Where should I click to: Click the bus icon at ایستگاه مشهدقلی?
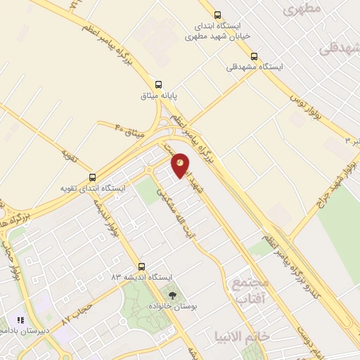(254, 56)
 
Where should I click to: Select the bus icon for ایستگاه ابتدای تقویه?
(93, 177)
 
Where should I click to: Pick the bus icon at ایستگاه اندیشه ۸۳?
(142, 266)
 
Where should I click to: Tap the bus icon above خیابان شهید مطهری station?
(217, 15)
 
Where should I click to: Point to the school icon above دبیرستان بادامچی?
(20, 320)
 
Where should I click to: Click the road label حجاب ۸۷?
(77, 314)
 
